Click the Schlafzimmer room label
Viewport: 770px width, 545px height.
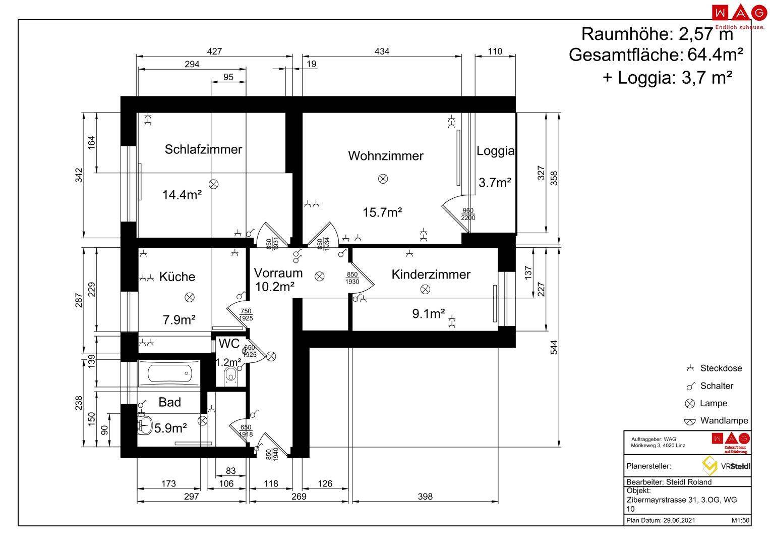pos(203,149)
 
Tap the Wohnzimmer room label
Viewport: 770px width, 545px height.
pos(385,156)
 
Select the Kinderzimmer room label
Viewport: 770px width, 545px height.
pos(431,275)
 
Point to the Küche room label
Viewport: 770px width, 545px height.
pos(177,277)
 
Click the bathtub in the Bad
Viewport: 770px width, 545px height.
pos(169,373)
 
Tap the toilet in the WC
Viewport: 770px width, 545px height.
pos(230,376)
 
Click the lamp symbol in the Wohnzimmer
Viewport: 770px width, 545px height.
pos(383,179)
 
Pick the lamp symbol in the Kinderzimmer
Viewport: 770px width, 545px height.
pos(425,289)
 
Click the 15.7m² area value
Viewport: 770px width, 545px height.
pos(382,212)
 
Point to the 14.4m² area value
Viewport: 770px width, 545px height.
pos(182,195)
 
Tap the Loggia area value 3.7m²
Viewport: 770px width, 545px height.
pos(495,182)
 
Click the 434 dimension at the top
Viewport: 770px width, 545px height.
pos(382,51)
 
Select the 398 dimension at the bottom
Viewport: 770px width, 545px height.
pos(425,496)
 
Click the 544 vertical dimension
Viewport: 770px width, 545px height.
pos(554,347)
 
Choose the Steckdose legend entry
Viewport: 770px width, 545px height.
pos(715,368)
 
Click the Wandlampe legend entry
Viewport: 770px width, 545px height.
pos(717,420)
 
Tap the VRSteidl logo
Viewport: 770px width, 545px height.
pos(726,466)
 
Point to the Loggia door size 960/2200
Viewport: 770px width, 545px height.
pos(468,214)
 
